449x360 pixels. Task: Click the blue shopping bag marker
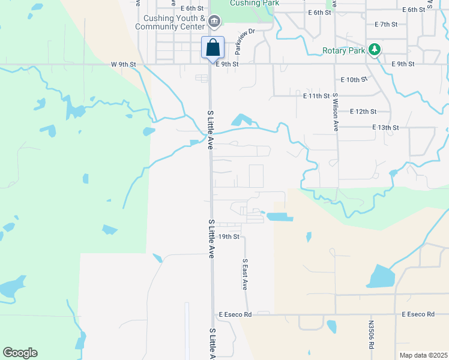[212, 47]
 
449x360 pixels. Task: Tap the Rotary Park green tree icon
[375, 49]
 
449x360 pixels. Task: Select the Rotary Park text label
[343, 50]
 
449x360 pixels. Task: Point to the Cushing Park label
[253, 4]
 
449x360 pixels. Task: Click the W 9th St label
[124, 64]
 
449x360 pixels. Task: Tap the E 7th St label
[386, 24]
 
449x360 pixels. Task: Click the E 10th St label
[353, 79]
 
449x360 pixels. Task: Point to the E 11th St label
[316, 95]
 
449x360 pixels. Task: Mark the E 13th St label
[385, 128]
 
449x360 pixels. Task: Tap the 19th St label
[229, 237]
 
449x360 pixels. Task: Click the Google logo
[19, 353]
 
